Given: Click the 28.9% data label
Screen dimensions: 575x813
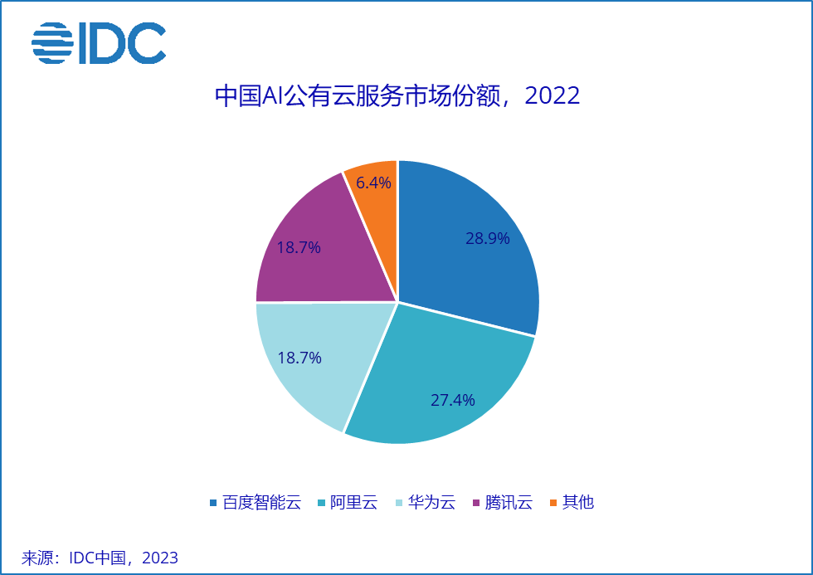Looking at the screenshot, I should pos(487,239).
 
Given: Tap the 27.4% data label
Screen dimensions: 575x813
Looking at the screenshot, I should pos(452,400).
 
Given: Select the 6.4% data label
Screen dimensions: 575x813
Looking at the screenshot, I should pos(373,182).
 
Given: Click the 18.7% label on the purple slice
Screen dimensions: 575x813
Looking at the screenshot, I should pos(299,247).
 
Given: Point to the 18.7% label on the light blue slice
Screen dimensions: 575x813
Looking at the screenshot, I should pos(299,358).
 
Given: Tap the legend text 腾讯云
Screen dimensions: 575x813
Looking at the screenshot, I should pos(508,502).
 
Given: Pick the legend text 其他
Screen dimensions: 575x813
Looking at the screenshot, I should pos(578,502).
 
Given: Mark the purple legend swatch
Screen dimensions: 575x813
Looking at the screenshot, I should pos(475,503).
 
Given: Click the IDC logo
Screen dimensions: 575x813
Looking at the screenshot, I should pos(99,44).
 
